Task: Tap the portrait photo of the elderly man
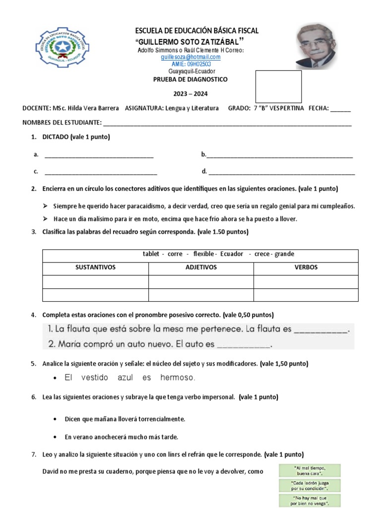316,46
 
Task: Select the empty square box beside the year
278,86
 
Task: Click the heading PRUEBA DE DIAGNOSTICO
190,79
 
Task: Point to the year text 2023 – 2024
190,94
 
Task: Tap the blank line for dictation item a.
99,155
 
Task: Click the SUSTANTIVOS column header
95,267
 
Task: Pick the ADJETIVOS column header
201,267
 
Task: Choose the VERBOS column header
306,267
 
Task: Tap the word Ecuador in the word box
230,254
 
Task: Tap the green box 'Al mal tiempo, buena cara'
310,470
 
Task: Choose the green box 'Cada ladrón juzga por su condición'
310,485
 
